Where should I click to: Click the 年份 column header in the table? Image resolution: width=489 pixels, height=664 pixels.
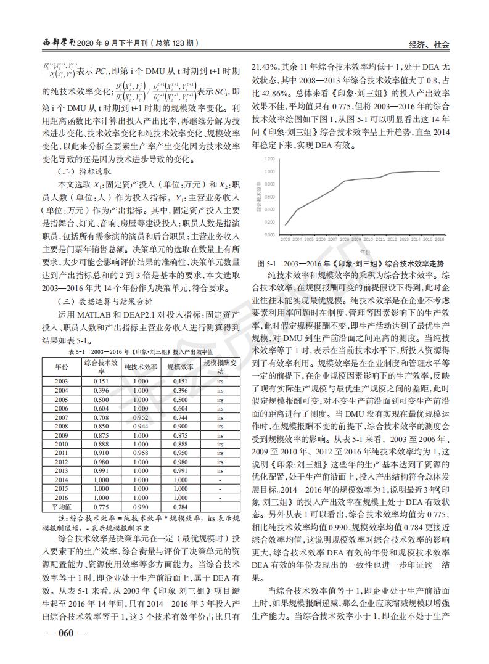coord(61,366)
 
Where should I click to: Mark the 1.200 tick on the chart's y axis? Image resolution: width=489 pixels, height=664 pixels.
coord(268,158)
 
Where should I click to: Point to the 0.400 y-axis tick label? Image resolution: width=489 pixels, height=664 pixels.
coord(268,210)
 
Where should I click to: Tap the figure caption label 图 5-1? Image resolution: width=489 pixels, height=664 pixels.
coord(269,263)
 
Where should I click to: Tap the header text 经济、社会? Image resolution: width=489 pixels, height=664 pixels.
coord(429,45)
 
